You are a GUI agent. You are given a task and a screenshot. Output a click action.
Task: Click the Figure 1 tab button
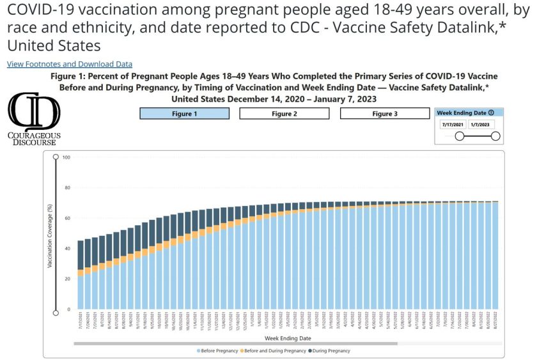coord(184,113)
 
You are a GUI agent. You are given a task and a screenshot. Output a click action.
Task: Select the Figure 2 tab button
coord(284,113)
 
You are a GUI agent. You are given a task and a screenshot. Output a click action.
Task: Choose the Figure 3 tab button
coord(384,113)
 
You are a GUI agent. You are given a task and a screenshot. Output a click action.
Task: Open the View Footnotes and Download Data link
coord(70,64)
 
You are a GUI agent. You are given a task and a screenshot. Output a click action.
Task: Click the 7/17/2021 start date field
coord(453,125)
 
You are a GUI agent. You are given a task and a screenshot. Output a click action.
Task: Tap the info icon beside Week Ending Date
coord(490,113)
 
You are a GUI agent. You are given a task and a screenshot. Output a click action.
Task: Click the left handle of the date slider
coord(459,136)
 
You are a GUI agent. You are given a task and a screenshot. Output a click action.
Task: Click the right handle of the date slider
coord(495,136)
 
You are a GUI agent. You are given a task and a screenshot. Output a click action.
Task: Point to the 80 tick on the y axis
coord(66,187)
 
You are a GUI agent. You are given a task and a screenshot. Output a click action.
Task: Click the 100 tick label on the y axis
coord(65,157)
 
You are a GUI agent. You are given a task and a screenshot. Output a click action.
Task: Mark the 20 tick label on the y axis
coord(66,279)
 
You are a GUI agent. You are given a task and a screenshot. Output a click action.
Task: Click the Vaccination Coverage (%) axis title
coord(50,235)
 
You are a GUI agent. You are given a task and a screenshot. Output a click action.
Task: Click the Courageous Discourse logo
coord(35,118)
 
